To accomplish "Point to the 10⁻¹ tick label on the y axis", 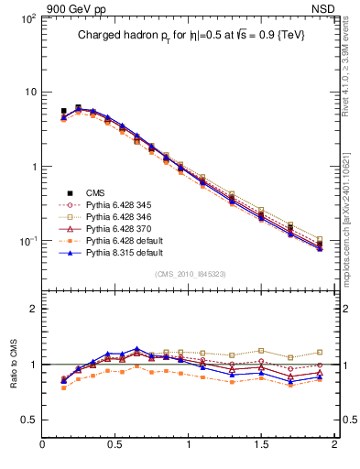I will point(28,241).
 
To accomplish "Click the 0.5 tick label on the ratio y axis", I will point(29,420).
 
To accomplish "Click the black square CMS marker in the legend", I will point(63,193).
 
